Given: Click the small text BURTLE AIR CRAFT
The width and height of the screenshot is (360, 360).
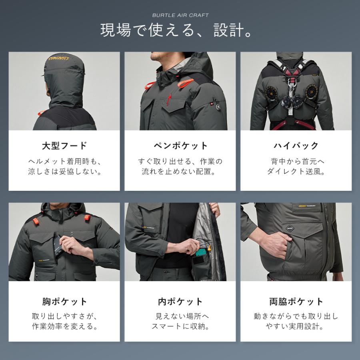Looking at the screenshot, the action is click(x=180, y=15).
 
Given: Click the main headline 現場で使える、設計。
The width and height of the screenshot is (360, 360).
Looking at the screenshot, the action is click(x=176, y=30).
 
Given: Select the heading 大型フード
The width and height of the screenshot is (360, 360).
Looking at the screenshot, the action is click(x=64, y=146).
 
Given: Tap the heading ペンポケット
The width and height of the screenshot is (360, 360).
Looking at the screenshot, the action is click(x=180, y=146).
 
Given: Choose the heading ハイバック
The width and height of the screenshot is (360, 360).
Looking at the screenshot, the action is click(x=296, y=146).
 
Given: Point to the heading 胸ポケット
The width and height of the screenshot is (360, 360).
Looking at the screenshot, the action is click(x=64, y=302).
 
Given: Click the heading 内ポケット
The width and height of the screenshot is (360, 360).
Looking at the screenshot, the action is click(x=180, y=302).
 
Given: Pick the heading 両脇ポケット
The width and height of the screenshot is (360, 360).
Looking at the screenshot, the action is click(x=296, y=302).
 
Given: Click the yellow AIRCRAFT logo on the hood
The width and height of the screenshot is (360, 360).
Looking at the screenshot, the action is click(x=59, y=58).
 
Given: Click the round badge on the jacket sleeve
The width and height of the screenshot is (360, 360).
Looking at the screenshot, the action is click(x=218, y=107).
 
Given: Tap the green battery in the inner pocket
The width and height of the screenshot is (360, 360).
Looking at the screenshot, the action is click(x=201, y=253).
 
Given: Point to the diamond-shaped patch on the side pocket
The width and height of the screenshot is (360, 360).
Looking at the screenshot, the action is click(x=290, y=228).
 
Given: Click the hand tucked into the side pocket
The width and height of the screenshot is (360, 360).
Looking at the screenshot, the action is click(x=275, y=244).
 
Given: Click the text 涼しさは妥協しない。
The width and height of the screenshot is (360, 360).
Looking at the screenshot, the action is click(x=65, y=172).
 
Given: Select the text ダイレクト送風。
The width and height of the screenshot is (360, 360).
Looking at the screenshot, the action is click(x=296, y=172).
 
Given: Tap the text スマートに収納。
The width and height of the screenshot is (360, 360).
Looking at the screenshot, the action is click(x=180, y=326).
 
